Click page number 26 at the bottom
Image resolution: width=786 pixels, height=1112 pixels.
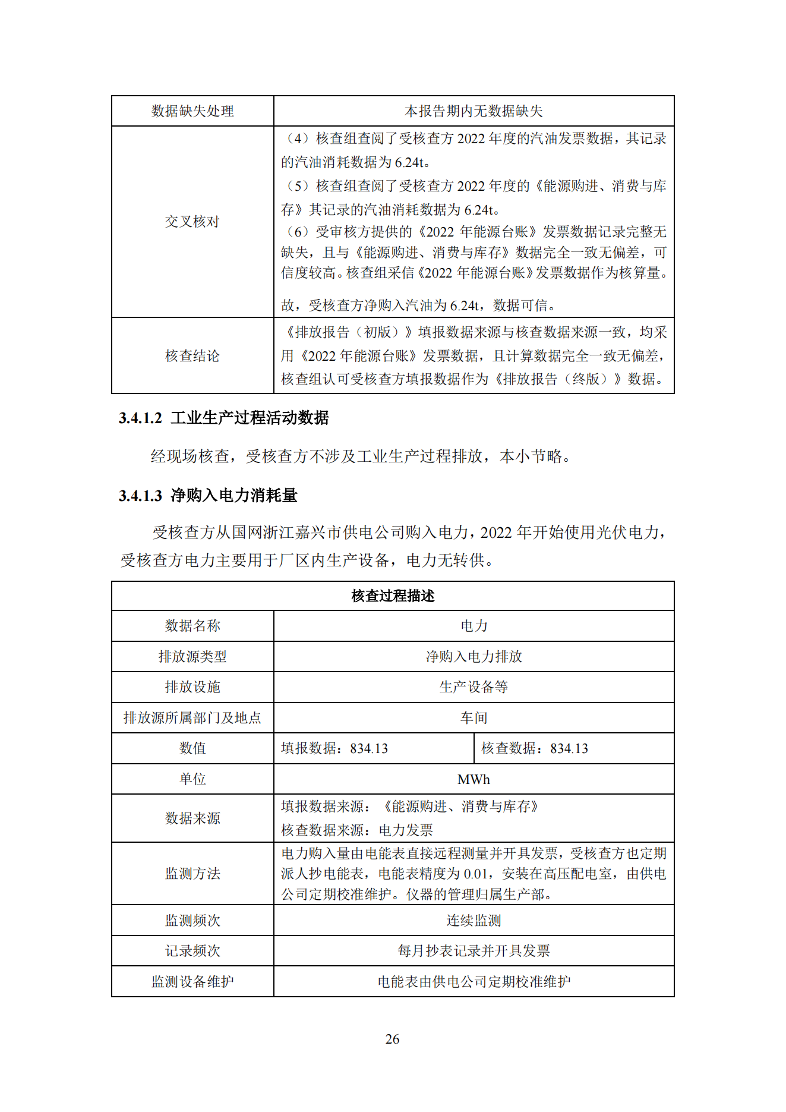(392, 1039)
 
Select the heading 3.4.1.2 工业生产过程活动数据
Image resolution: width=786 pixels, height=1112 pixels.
(223, 418)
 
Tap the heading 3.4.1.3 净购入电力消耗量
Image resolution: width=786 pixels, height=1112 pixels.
(208, 495)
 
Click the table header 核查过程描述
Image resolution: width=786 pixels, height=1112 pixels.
(393, 596)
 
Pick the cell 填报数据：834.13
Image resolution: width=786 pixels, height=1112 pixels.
(334, 748)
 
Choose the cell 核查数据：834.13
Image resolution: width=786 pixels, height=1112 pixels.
(535, 748)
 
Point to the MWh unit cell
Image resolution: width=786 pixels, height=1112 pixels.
(474, 779)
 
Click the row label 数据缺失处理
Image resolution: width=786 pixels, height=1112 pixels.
(192, 111)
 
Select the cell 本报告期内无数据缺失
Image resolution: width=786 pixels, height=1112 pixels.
(474, 111)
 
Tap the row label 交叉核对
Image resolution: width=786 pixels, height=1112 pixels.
(192, 222)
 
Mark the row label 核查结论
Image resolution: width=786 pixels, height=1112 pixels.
(192, 355)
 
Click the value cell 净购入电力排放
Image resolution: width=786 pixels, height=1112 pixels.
(474, 656)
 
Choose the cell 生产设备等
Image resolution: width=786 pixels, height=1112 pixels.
(474, 687)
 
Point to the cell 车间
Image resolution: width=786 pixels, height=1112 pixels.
(474, 718)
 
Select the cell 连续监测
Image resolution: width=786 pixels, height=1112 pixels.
(474, 920)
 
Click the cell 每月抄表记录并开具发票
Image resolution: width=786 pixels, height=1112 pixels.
(474, 951)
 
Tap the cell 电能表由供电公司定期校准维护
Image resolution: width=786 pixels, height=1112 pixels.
(474, 981)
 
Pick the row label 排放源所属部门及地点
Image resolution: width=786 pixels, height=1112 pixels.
(192, 718)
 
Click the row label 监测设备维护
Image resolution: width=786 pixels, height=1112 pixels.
(192, 981)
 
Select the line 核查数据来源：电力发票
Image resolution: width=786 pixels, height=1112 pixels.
(357, 830)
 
